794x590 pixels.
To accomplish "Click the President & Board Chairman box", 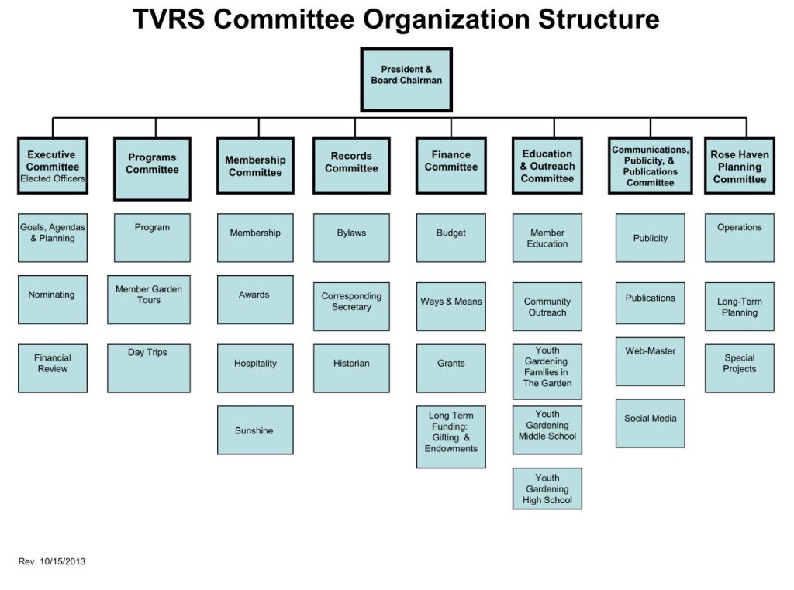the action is (406, 80).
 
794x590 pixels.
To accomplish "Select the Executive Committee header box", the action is (53, 166).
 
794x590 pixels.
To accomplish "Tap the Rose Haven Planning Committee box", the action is (739, 166).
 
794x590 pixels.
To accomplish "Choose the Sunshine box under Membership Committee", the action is (255, 430).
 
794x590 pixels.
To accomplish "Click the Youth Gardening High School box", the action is (547, 488).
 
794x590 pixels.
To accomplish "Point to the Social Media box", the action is (651, 423).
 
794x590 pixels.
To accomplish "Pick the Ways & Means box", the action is (451, 306).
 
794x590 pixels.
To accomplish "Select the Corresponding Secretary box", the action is (351, 306).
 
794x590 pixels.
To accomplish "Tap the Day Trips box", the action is (149, 368).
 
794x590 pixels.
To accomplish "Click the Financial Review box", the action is (53, 368).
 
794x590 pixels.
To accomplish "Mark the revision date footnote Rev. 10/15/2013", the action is (52, 561).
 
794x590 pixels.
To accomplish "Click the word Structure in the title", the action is (599, 19).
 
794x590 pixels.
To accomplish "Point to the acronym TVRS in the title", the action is (169, 19).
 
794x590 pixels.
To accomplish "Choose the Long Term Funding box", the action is (451, 436).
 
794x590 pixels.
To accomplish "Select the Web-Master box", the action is (651, 361).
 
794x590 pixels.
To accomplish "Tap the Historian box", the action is (351, 368).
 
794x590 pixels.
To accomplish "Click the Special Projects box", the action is (739, 368).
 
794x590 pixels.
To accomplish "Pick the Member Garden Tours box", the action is (149, 299).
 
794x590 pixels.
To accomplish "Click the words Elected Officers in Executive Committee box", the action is (53, 179).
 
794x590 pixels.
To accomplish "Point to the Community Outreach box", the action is (547, 306).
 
